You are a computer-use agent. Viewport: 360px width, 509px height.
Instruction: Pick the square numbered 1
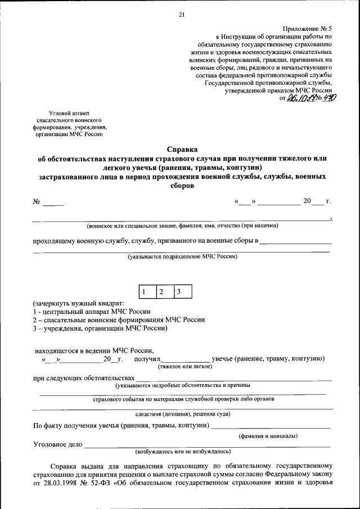pos(145,292)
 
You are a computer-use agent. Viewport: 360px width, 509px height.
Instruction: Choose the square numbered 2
pos(162,292)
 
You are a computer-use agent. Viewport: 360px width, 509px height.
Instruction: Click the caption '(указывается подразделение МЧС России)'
pos(182,256)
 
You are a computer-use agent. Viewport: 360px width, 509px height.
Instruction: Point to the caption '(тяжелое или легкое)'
pos(186,366)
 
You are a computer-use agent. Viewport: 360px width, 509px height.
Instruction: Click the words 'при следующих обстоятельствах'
pos(84,379)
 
